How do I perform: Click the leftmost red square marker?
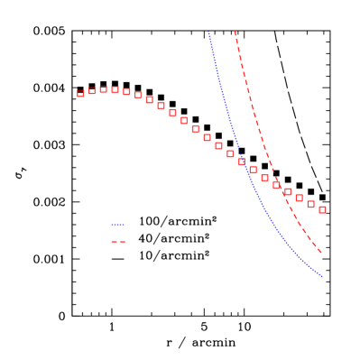click(x=80, y=93)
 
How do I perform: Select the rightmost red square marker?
click(x=322, y=209)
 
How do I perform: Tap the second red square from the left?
click(x=92, y=90)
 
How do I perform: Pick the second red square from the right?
click(x=310, y=204)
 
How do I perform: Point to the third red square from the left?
click(x=104, y=89)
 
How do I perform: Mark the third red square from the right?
click(x=299, y=198)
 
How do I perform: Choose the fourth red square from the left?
click(x=115, y=89)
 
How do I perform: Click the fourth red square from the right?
click(x=288, y=191)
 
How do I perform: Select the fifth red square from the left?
click(x=126, y=91)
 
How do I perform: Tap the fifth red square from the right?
click(x=276, y=185)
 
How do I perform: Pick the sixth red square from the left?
click(x=138, y=95)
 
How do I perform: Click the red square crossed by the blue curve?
click(x=242, y=162)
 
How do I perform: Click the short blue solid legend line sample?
click(x=117, y=224)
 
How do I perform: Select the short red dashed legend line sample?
click(x=117, y=242)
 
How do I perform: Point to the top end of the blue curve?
click(x=208, y=32)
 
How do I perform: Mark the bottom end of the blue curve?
click(x=322, y=276)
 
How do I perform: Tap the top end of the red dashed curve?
click(x=235, y=32)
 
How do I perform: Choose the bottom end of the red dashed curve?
click(x=322, y=254)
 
